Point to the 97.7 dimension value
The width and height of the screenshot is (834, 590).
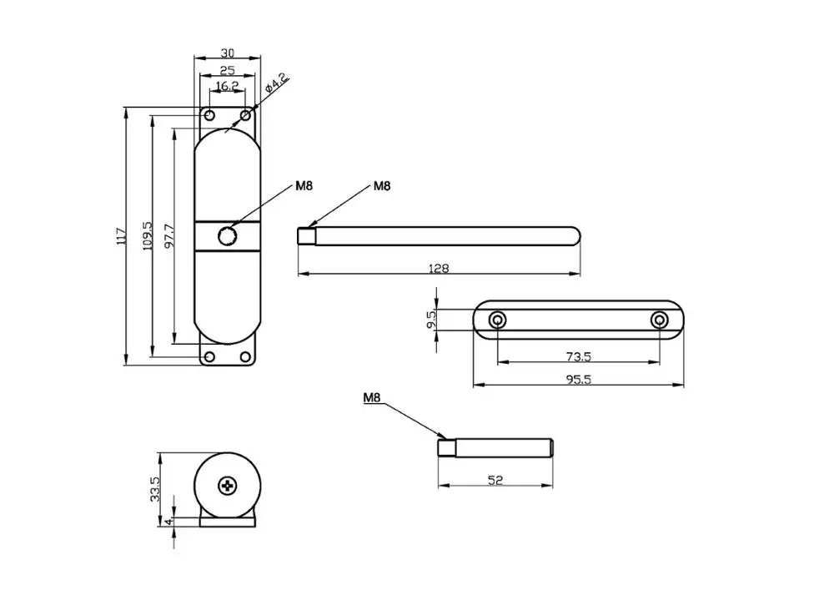tap(169, 236)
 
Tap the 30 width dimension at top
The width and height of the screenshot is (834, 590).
tap(227, 50)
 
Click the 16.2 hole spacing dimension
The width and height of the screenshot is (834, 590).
tap(227, 86)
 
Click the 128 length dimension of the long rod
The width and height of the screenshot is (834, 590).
tap(439, 268)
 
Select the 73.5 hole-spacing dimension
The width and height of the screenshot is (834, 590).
tap(578, 356)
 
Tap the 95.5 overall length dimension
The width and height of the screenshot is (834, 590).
tap(578, 379)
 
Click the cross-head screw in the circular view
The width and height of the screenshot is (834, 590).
tap(228, 485)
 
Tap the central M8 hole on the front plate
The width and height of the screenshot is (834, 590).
tap(227, 236)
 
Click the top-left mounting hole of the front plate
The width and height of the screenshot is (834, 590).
tap(210, 114)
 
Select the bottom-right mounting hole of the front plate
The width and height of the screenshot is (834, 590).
tap(245, 357)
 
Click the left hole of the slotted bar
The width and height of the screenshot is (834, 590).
tap(498, 320)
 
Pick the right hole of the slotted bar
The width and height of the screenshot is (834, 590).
tap(659, 320)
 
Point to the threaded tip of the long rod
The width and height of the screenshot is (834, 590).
tap(305, 236)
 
